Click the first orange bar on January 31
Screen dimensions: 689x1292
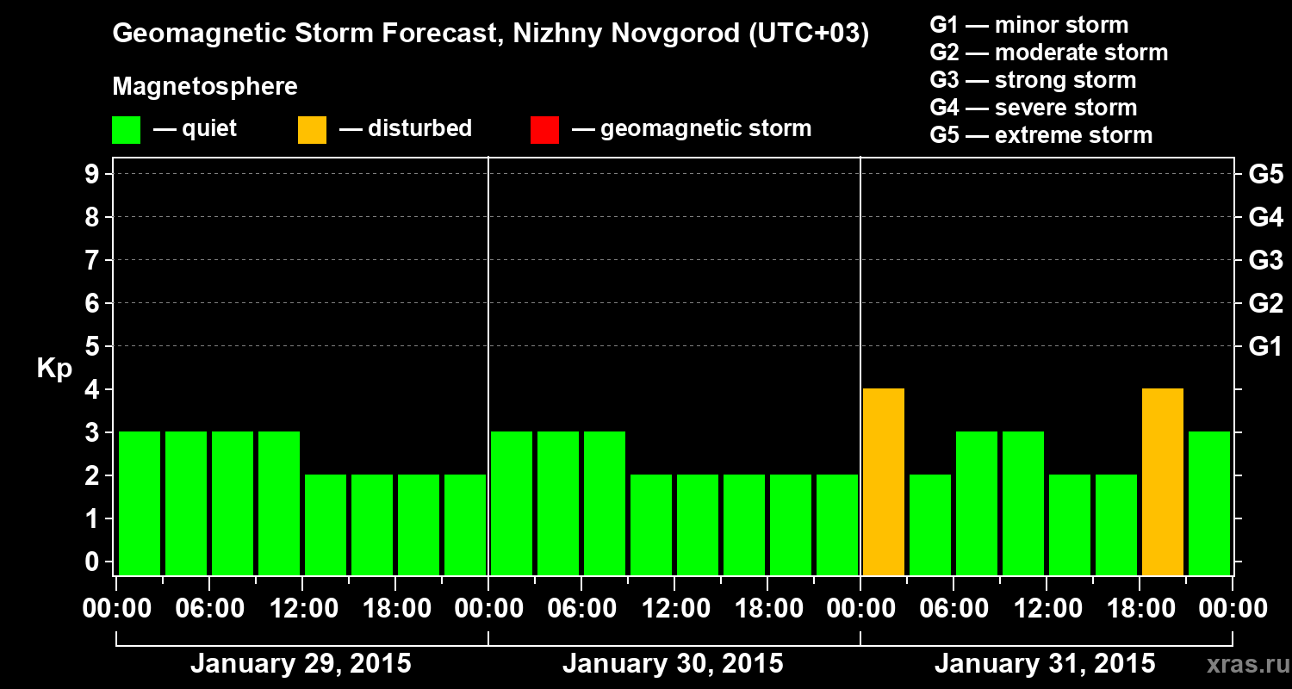coord(884,481)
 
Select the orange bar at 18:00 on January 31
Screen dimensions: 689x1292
coord(1163,481)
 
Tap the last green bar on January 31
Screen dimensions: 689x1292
coord(1209,503)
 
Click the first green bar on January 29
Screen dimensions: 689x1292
coord(140,503)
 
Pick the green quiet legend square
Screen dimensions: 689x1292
coord(126,130)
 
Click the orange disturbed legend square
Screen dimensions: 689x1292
coord(312,130)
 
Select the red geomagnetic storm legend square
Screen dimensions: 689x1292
coord(544,130)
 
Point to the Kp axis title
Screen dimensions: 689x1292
coord(54,369)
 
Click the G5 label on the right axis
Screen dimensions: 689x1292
coord(1265,175)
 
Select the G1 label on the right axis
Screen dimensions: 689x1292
coord(1265,347)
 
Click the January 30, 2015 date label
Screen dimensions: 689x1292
coord(673,664)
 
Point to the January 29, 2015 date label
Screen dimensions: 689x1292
coord(301,664)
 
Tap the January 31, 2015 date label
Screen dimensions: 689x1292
coord(1045,664)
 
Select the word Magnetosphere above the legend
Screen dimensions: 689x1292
coord(205,87)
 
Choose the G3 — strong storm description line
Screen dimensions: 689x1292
coord(1033,80)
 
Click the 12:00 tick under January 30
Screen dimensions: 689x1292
coord(674,609)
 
